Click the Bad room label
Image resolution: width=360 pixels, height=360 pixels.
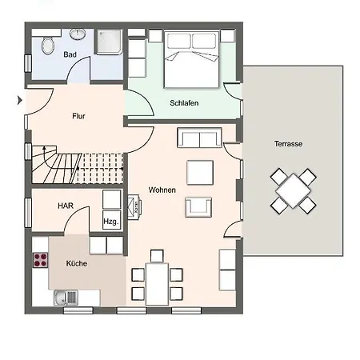(70, 54)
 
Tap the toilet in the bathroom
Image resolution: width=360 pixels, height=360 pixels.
(48, 46)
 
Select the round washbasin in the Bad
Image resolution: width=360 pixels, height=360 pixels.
(78, 34)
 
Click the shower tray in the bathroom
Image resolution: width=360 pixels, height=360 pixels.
(110, 42)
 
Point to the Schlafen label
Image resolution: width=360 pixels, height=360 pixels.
(184, 103)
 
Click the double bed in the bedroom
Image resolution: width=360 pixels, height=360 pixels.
(191, 59)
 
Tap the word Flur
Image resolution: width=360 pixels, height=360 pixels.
(78, 116)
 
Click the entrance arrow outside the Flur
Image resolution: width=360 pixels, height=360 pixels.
(20, 100)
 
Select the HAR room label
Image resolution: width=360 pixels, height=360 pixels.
(66, 206)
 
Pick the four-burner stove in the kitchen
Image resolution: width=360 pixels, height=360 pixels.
(41, 260)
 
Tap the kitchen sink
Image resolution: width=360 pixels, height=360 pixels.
(66, 298)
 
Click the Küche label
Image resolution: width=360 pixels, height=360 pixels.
(77, 263)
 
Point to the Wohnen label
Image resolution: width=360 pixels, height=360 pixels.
(162, 190)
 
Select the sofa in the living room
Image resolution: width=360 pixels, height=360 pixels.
(199, 138)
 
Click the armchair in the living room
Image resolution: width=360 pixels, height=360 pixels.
(198, 207)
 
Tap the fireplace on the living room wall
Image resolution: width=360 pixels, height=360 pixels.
(134, 207)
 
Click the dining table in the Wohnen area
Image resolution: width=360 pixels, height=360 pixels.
(157, 284)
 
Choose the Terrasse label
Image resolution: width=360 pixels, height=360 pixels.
(288, 144)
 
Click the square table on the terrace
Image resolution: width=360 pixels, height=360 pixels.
(294, 191)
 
